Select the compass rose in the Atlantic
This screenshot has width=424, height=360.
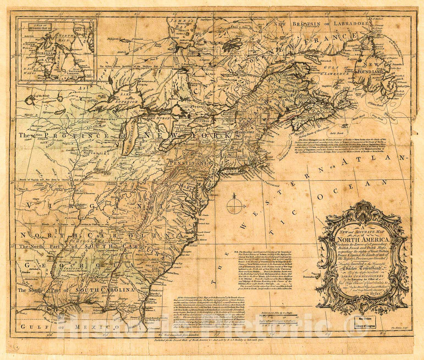235,205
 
